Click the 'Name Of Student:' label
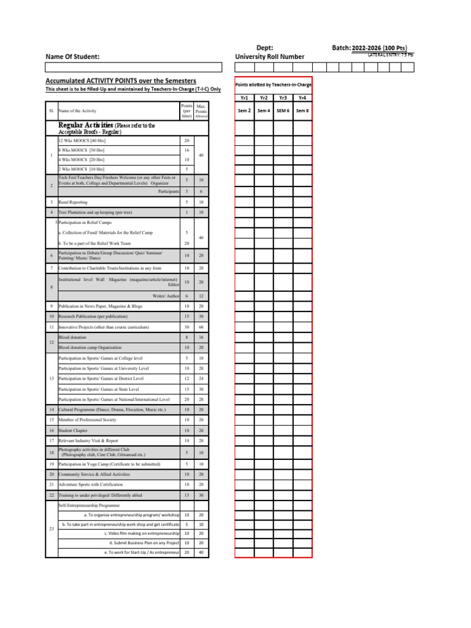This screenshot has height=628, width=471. coord(72,57)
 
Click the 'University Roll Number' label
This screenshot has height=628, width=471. coord(269,57)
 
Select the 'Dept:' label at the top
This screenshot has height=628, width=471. coord(264,48)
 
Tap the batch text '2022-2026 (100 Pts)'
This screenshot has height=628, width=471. coord(379,48)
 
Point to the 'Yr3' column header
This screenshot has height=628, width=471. coord(283,98)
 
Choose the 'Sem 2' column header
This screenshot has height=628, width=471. coord(244,110)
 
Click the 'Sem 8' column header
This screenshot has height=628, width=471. coord(302,110)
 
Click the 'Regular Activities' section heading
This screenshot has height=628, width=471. coord(85,125)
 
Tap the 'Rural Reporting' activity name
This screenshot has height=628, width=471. coord(73,202)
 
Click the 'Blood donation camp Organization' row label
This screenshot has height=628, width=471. coord(90,347)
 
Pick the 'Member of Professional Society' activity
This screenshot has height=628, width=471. coord(87,420)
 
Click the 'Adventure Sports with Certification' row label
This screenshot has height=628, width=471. coord(91,484)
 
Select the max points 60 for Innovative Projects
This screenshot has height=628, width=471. coord(201,327)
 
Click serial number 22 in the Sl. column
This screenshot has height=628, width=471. coord(52,495)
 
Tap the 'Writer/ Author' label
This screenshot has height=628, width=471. coord(166,296)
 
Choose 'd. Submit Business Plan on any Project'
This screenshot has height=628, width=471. coord(144,543)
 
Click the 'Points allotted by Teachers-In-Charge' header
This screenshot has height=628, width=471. coord(274,84)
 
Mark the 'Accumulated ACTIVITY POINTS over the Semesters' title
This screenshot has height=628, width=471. coord(121,81)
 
